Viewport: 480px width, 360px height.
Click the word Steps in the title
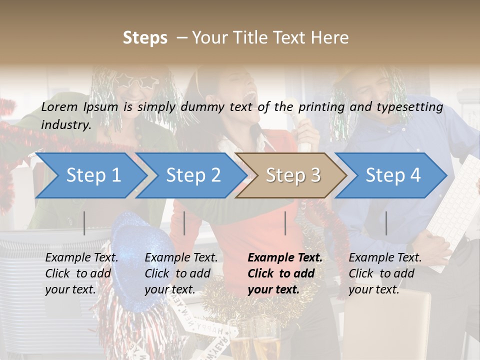(145, 38)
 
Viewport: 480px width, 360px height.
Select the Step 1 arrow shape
(93, 175)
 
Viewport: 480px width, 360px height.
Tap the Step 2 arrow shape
(193, 175)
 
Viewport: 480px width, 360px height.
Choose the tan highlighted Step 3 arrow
(292, 175)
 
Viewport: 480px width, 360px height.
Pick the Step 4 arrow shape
(392, 175)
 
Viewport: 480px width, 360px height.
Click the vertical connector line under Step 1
(84, 223)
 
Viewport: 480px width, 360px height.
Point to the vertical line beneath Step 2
(184, 223)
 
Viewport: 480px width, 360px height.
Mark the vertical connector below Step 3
(285, 223)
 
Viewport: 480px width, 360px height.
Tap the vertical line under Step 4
(386, 223)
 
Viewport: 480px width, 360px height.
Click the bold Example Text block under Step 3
(285, 273)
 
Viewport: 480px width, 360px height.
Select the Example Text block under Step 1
(81, 273)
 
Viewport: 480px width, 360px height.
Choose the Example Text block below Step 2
(181, 273)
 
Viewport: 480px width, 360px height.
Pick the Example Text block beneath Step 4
(385, 273)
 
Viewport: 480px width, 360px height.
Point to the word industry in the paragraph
(65, 125)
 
